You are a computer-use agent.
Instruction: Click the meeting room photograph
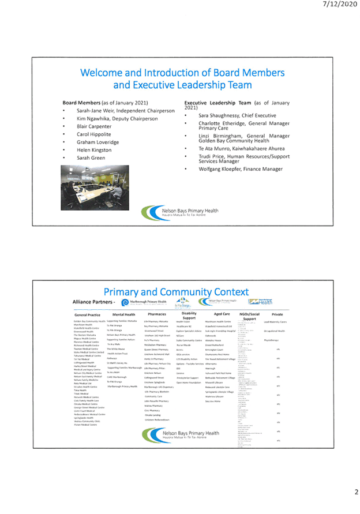[x=95, y=187]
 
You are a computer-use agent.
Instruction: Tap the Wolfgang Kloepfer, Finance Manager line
[x=241, y=169]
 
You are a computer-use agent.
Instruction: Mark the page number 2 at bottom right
[x=356, y=492]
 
